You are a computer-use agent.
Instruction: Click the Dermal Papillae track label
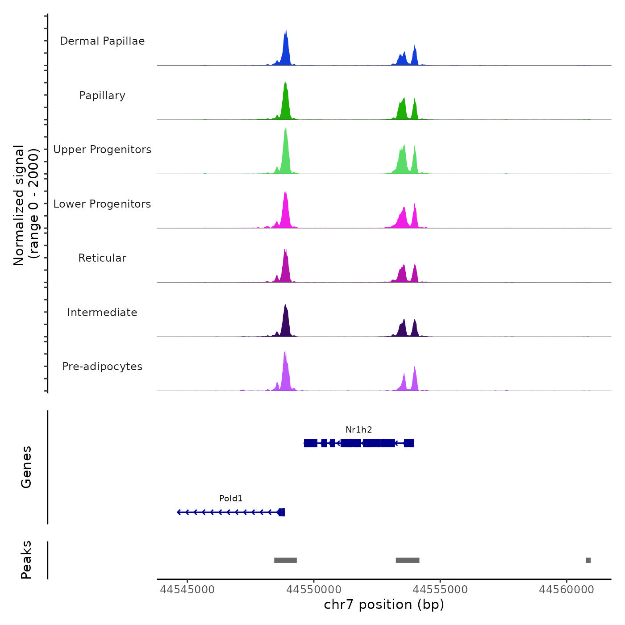(x=102, y=41)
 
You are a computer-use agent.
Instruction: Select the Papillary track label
(x=102, y=96)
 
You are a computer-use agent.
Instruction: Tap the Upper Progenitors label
(x=102, y=150)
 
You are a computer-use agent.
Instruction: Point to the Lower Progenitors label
(x=102, y=204)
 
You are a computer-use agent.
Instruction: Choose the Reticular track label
(x=102, y=258)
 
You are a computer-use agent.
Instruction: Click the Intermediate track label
(x=102, y=312)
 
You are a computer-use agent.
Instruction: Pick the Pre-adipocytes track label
(x=102, y=367)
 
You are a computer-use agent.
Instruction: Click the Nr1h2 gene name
(x=358, y=430)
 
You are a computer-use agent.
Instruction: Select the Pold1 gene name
(x=231, y=499)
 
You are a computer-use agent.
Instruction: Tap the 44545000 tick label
(x=187, y=590)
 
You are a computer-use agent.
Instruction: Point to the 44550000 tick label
(x=313, y=590)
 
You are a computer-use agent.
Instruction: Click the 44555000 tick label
(x=440, y=590)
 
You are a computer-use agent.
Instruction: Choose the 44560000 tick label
(x=567, y=590)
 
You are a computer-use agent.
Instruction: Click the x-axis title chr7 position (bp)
(x=384, y=604)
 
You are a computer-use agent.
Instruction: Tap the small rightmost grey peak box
(x=588, y=560)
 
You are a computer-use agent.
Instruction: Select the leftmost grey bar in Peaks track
(x=285, y=560)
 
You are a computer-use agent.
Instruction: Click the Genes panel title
(x=26, y=467)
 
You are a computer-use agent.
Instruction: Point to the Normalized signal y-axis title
(x=26, y=205)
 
